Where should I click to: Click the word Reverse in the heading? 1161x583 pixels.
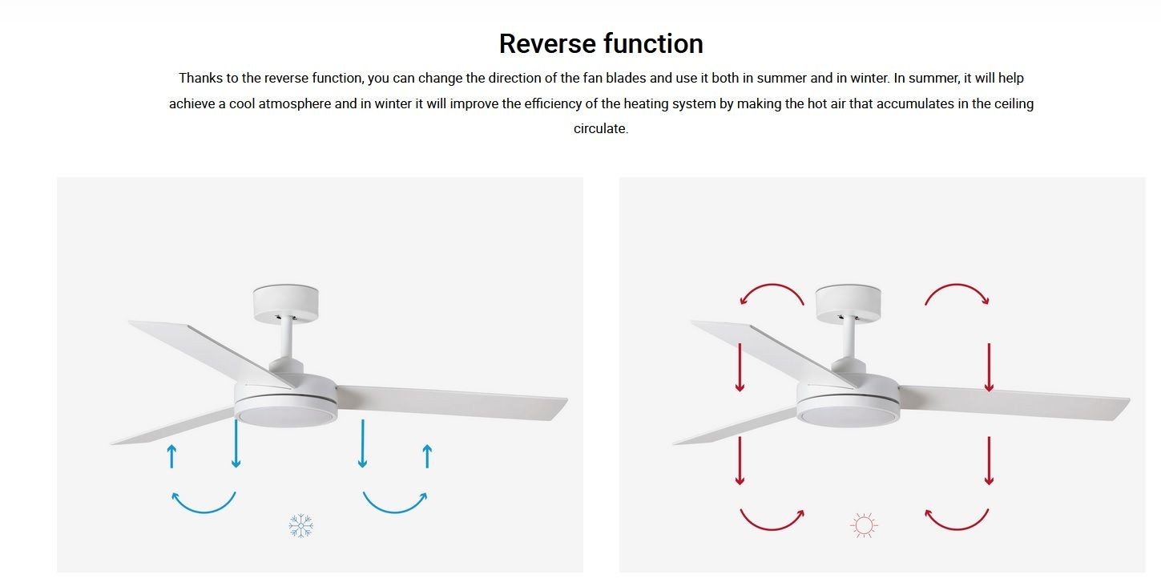[546, 43]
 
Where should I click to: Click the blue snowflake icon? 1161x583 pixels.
[300, 525]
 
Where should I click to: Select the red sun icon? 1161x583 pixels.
[864, 525]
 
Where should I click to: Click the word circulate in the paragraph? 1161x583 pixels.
[601, 128]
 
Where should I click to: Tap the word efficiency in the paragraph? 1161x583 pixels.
[553, 103]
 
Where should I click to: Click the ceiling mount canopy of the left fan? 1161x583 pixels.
[285, 303]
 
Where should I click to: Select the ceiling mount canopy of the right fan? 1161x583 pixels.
[848, 303]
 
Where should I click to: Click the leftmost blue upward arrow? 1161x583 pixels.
[171, 456]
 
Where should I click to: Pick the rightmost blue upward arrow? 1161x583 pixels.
[427, 456]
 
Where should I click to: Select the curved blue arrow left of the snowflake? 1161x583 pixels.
[204, 512]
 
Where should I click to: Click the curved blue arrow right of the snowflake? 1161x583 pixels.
[395, 512]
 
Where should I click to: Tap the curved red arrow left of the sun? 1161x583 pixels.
[772, 529]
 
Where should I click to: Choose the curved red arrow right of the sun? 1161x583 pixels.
[957, 529]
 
